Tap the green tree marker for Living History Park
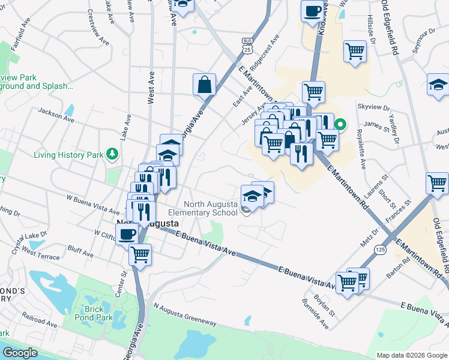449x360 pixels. pos(112,155)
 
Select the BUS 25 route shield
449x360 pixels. pos(247,44)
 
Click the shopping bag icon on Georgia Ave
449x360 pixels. pos(204,84)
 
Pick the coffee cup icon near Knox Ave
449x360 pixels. pos(312,11)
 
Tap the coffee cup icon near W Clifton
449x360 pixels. pos(127,233)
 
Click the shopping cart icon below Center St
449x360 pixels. pos(140,254)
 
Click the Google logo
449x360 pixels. pos(19,353)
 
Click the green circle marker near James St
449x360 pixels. pos(340,125)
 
